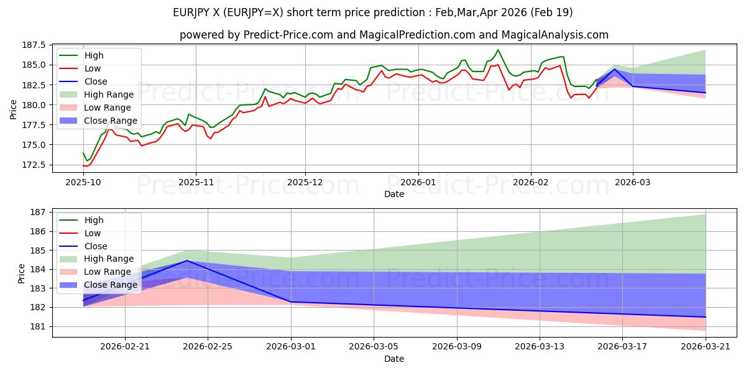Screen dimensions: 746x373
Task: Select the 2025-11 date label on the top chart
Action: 196,183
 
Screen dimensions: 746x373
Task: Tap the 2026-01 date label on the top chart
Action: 418,183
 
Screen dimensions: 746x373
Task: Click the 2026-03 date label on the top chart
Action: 632,183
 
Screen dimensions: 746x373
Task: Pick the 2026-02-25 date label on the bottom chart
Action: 208,347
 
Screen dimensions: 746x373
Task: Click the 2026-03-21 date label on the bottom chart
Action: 706,347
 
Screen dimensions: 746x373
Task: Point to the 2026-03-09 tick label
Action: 457,347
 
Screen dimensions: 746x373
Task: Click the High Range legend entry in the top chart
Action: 97,94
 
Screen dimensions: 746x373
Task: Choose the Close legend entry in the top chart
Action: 83,81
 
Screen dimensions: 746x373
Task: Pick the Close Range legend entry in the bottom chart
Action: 98,285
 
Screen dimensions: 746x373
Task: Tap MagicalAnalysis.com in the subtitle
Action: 555,35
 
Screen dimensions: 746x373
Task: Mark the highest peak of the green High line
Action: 498,50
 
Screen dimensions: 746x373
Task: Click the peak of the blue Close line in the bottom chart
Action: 187,260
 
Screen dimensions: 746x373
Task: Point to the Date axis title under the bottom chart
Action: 394,359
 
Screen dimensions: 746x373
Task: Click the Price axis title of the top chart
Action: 13,109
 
